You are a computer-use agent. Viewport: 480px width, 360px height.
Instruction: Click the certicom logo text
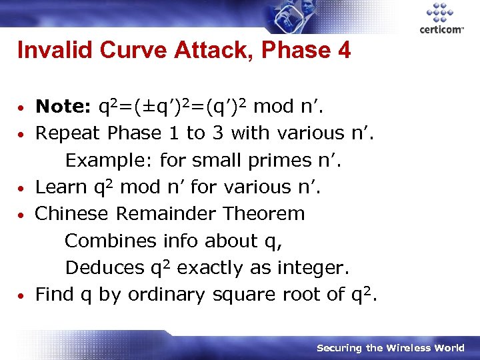click(441, 30)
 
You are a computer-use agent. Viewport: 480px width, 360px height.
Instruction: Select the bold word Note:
click(63, 107)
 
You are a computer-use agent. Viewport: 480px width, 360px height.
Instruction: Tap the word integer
click(311, 268)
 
